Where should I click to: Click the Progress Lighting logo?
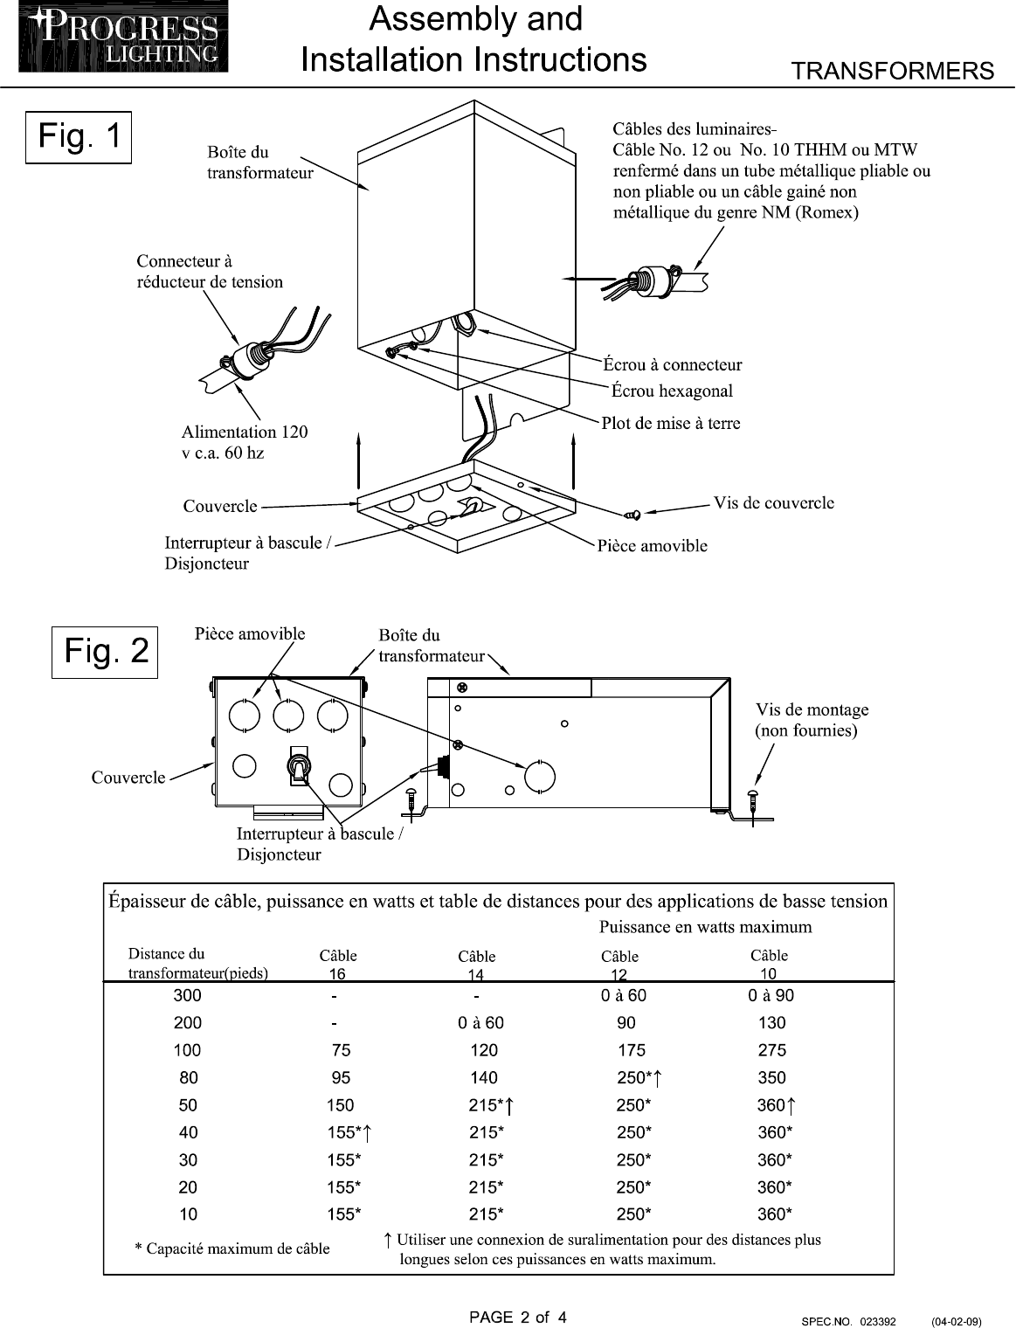tap(123, 37)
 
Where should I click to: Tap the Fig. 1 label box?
tap(79, 137)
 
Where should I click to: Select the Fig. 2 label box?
tap(105, 652)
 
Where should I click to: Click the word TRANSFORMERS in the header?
tap(892, 71)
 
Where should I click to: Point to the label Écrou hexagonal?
tap(672, 391)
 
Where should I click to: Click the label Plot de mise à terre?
tap(671, 423)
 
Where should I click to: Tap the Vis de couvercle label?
tap(773, 502)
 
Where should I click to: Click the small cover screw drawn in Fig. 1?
tap(633, 515)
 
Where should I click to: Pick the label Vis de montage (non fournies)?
tap(812, 720)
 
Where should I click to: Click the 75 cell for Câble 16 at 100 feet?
tap(341, 1050)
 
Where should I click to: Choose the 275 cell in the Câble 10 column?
tap(771, 1050)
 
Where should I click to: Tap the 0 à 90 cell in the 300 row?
tap(771, 995)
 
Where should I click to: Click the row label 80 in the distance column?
tap(188, 1077)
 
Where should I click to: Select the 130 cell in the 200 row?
tap(771, 1022)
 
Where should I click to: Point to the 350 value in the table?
tap(771, 1077)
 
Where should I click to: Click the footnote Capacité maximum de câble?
tap(232, 1248)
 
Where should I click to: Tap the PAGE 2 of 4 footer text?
tap(518, 1318)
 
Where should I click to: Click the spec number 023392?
tap(878, 1321)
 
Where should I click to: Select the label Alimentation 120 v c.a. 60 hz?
tap(245, 442)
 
